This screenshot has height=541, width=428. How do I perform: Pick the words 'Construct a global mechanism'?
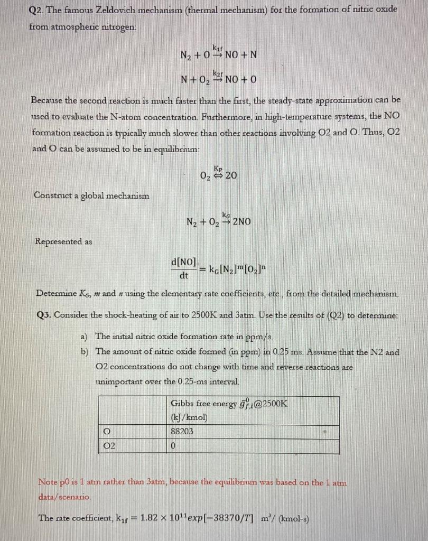[x=91, y=195]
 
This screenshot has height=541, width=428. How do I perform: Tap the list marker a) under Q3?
[x=85, y=336]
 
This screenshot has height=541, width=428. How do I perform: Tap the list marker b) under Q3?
[x=85, y=351]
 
